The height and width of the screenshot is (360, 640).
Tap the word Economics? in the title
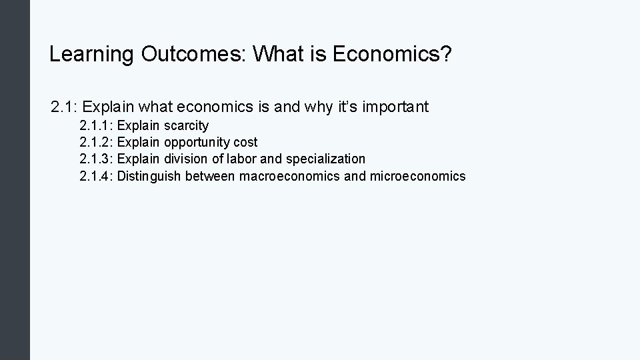tap(392, 55)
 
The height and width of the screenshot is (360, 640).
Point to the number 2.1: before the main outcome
tap(65, 107)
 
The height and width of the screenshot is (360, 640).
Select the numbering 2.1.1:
tap(96, 125)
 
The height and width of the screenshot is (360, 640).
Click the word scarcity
tap(186, 125)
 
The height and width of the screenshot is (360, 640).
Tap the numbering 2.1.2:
tap(96, 142)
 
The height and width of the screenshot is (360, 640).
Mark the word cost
tap(245, 142)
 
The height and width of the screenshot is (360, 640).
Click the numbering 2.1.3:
tap(96, 159)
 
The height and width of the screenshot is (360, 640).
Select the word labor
tap(243, 159)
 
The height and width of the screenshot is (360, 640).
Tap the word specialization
tap(325, 159)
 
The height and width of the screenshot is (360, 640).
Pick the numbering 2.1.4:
tap(96, 176)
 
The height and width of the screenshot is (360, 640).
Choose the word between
tap(210, 176)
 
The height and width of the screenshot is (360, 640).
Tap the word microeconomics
tap(418, 176)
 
